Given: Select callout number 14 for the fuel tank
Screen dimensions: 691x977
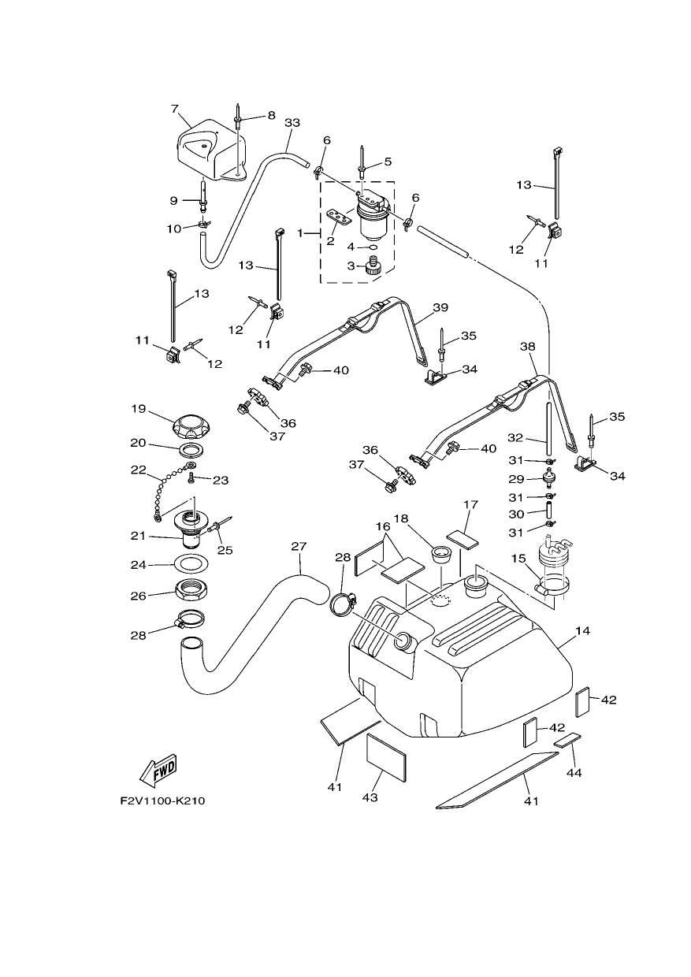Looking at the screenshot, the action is click(582, 630).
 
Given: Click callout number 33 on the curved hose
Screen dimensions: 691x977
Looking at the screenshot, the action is click(292, 123).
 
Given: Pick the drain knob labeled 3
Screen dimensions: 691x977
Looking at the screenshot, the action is click(373, 265).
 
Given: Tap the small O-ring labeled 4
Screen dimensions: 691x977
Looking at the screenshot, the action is click(372, 247).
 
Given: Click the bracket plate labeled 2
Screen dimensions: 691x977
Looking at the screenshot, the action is click(339, 217).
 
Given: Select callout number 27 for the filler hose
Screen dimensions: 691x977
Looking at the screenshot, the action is click(299, 546).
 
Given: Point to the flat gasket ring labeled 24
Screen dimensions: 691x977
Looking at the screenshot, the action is click(191, 563).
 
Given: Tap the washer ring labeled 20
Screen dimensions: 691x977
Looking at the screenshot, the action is click(191, 449).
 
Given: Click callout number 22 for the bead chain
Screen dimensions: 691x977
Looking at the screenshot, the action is click(139, 470).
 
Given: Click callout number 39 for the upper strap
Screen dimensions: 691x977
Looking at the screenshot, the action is click(440, 307).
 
